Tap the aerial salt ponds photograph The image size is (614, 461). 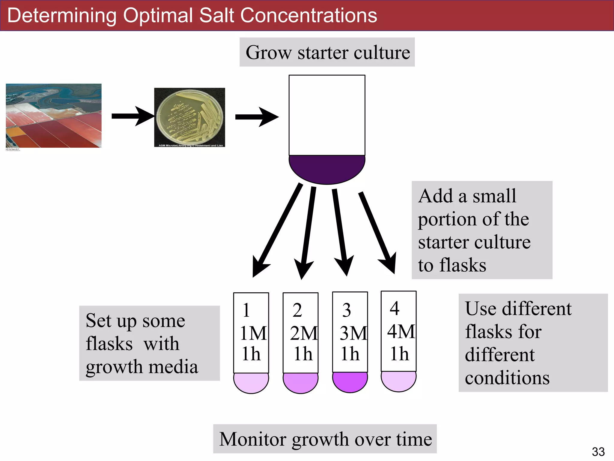54,116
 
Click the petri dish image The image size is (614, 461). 189,117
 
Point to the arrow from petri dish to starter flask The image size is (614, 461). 256,117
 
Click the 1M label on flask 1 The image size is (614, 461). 253,333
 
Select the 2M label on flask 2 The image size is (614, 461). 303,333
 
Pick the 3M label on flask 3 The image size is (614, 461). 353,333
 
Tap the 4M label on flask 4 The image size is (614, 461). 401,331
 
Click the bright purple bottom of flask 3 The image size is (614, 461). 350,382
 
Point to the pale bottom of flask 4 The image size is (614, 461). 398,381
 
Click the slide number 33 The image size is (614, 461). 598,452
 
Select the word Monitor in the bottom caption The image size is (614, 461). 252,439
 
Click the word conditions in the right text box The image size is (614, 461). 507,378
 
